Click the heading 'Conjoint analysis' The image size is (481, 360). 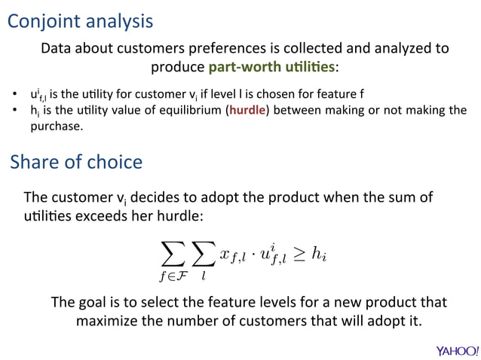pos(81,21)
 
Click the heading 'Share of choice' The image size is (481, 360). pos(76,163)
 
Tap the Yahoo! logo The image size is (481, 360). pos(456,350)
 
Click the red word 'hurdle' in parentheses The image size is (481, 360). pos(247,111)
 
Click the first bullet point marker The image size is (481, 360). pos(14,95)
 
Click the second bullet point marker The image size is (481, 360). pos(14,111)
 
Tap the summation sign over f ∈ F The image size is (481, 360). pos(173,255)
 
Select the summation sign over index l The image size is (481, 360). pos(204,255)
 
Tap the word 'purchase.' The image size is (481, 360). pos(56,126)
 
